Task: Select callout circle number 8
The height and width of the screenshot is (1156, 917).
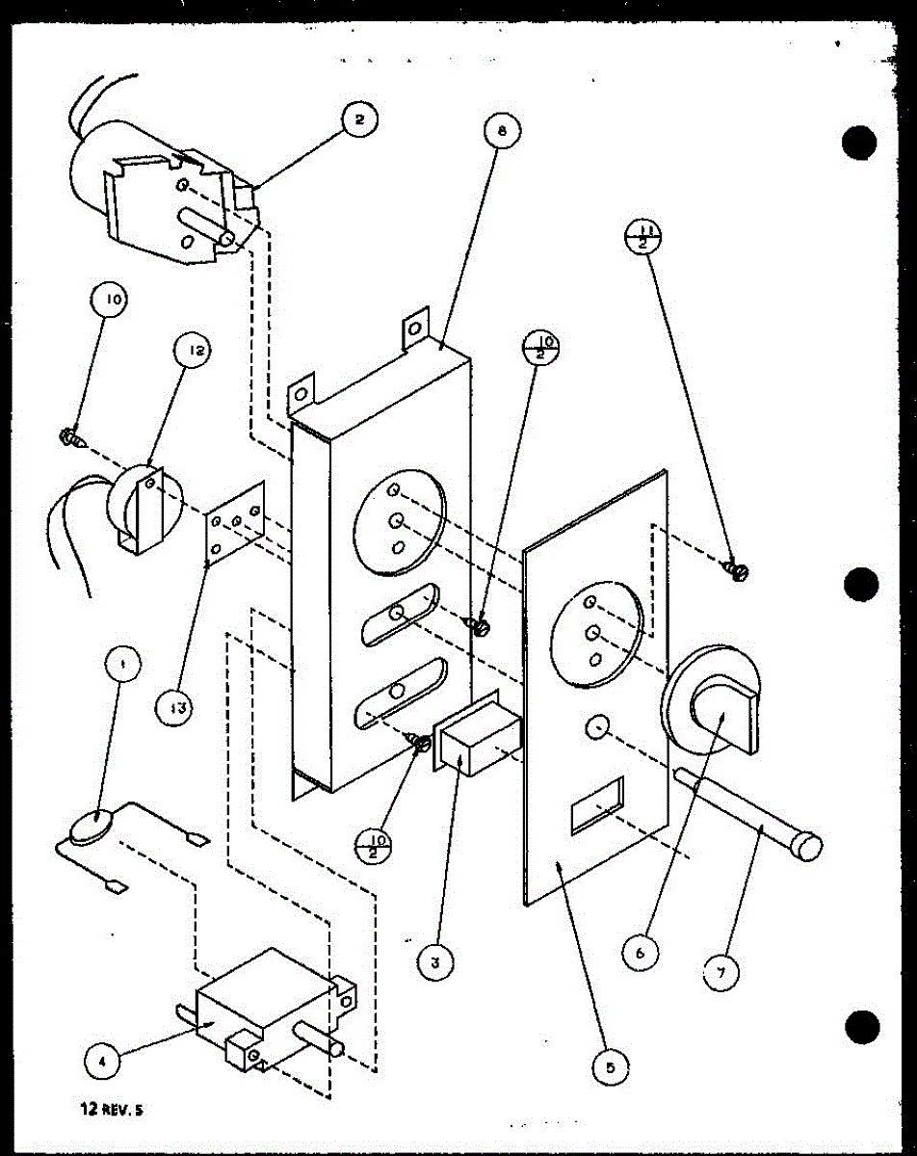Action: tap(502, 130)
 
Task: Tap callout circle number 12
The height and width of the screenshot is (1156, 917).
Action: tap(193, 353)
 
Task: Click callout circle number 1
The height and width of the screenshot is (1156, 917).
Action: tap(121, 663)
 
